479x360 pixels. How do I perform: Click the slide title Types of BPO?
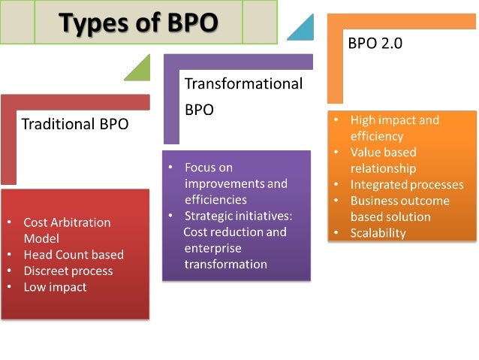[x=139, y=23]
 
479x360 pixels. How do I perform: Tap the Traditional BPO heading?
[x=75, y=124]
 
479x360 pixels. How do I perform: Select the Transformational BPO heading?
[x=243, y=95]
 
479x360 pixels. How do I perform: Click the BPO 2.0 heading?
[x=375, y=44]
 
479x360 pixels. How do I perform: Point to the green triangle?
[x=140, y=69]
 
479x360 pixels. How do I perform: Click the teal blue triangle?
[x=302, y=28]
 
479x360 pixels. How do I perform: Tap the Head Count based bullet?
[x=74, y=254]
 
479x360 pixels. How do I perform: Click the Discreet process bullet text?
[x=68, y=271]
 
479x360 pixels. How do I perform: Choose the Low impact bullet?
[x=55, y=287]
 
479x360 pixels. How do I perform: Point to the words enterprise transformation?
[x=226, y=256]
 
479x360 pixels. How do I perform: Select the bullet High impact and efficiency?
[x=394, y=128]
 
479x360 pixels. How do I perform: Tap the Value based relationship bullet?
[x=383, y=159]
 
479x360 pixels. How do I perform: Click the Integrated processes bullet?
[x=407, y=185]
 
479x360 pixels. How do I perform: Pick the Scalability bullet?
[x=378, y=233]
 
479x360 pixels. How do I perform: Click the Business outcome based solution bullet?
[x=399, y=209]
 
